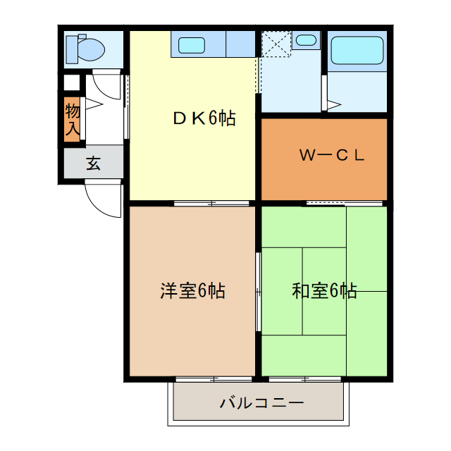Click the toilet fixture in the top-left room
[x=89, y=49]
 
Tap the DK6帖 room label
[x=204, y=118]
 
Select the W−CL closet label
[x=331, y=156]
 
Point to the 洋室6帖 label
[x=192, y=290]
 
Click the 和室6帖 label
[x=324, y=290]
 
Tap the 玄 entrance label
[x=94, y=164]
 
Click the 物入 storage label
[x=72, y=120]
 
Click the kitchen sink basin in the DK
[x=192, y=46]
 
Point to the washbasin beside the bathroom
[x=306, y=39]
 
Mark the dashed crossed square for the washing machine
[x=276, y=44]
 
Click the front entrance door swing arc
[x=102, y=199]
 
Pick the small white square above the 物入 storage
[x=72, y=82]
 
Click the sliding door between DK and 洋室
[x=211, y=203]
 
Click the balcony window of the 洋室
[x=211, y=379]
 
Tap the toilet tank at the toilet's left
[x=70, y=49]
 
